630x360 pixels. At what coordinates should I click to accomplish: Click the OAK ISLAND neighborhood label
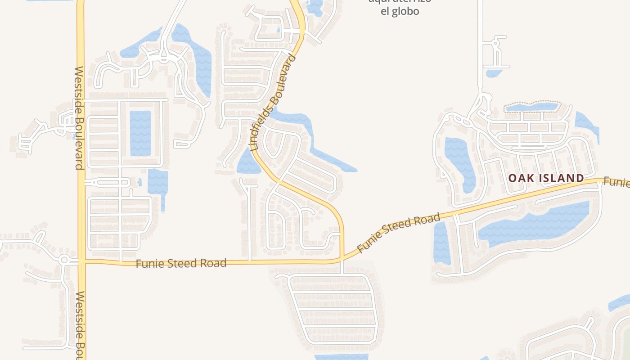546,178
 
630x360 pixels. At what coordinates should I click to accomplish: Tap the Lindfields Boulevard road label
274,103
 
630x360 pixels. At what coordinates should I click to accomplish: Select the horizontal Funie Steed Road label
181,263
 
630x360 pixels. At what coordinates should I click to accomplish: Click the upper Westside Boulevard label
79,118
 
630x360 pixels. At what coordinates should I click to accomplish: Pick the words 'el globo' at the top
400,11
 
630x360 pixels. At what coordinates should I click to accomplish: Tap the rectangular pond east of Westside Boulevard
140,133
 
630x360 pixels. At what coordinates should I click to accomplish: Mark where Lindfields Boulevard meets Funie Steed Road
342,259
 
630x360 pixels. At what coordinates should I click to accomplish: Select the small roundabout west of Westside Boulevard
64,260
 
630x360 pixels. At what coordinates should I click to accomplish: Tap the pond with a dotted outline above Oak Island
532,107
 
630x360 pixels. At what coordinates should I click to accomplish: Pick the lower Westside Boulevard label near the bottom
80,324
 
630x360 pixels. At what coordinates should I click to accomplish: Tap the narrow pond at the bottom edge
341,357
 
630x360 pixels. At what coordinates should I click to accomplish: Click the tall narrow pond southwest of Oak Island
441,243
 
